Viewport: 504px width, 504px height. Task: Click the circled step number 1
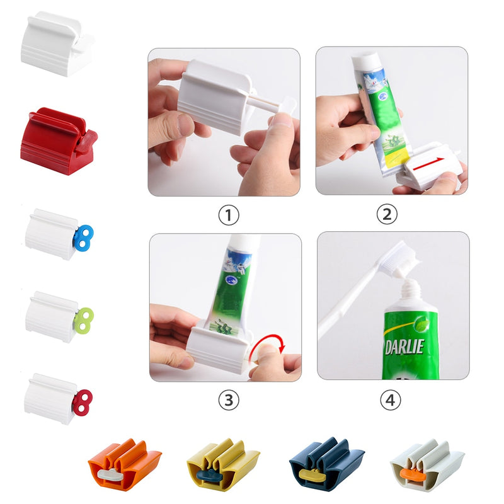tap(228, 215)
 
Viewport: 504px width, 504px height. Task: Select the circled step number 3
tap(228, 399)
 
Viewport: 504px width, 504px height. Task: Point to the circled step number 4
tap(391, 399)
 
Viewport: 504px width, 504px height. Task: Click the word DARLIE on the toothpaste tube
tap(404, 346)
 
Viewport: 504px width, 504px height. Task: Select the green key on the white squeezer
tap(83, 319)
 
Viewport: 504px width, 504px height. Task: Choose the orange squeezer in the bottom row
tap(124, 464)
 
